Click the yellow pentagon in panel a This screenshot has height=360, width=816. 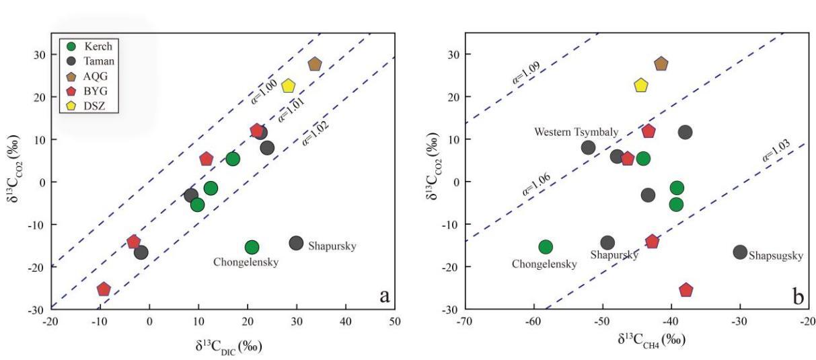tap(289, 86)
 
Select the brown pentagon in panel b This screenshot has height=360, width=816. tap(661, 64)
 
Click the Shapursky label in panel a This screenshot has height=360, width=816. tap(332, 246)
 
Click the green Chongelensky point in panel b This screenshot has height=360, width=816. tap(546, 247)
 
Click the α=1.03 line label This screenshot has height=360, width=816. tap(776, 149)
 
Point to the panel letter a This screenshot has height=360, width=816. tap(384, 295)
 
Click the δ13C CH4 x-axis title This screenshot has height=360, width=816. tap(651, 339)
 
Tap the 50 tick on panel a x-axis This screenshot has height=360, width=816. tap(395, 322)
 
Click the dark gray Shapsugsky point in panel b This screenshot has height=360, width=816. tap(740, 252)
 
